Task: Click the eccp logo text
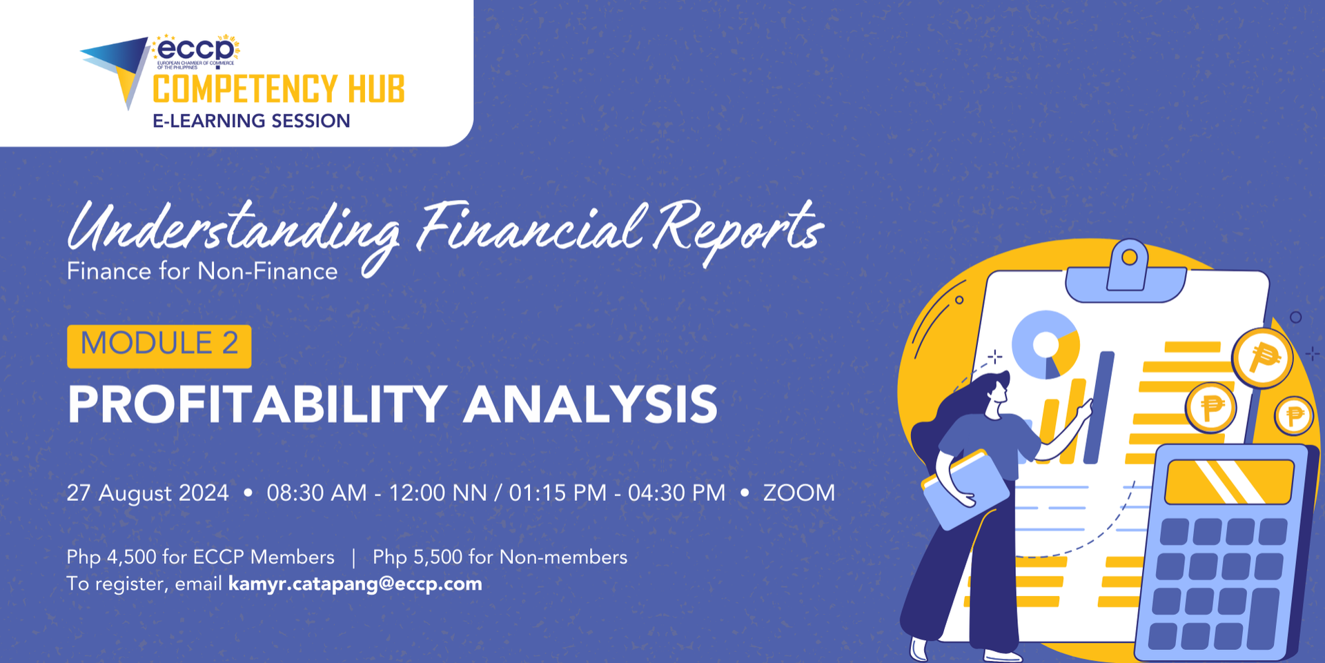195,49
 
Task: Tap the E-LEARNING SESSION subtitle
251,121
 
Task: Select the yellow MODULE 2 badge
159,346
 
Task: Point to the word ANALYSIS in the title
591,404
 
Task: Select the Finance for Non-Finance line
202,271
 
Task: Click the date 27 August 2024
148,493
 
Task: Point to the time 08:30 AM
317,493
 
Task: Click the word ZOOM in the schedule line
799,493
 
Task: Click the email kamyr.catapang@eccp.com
355,584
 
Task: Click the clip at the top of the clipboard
1126,272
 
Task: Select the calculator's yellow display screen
1229,482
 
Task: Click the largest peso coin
1263,357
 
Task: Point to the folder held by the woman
965,489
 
